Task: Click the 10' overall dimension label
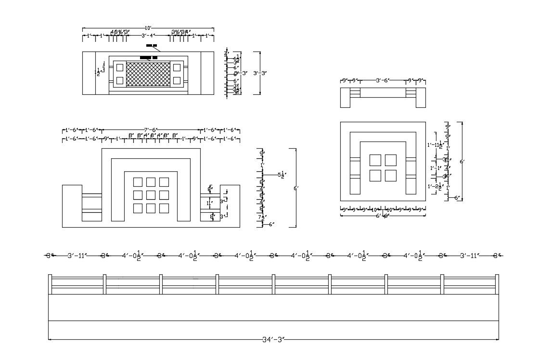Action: pos(148,28)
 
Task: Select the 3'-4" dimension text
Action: pos(148,36)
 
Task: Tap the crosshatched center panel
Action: pos(148,74)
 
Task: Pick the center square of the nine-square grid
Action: pos(151,195)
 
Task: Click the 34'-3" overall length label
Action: pos(274,340)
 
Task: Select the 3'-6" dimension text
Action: pos(383,81)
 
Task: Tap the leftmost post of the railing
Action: pos(50,284)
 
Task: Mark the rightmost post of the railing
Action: pos(497,284)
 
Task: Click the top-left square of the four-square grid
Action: pos(375,160)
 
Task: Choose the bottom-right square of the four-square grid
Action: pos(391,176)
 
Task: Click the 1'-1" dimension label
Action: pos(436,168)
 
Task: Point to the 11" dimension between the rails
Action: pos(209,203)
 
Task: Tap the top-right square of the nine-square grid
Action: pos(164,182)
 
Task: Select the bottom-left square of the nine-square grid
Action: pos(138,208)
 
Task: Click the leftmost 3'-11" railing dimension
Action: pos(77,256)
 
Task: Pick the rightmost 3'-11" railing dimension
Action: pos(470,256)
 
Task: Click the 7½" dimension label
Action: pos(261,218)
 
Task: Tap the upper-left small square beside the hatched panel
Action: pos(120,67)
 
